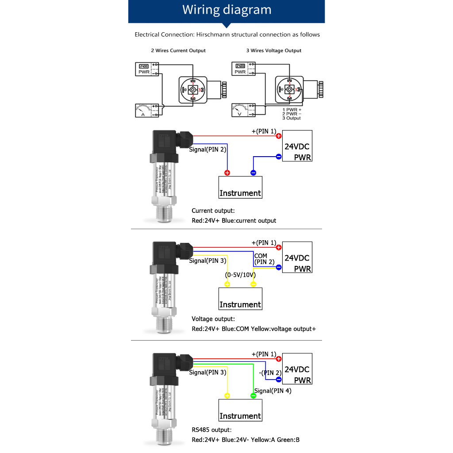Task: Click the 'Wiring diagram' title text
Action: (227, 10)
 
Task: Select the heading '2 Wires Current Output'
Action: (178, 50)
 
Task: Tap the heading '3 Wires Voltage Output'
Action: (274, 50)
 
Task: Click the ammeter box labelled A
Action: (146, 110)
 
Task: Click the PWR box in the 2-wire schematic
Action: (146, 69)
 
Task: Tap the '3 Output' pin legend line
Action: (292, 118)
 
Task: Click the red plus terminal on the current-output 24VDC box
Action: (279, 136)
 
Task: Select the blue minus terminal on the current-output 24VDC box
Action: (279, 156)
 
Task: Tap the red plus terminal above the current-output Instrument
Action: (227, 173)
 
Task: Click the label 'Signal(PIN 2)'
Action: (207, 150)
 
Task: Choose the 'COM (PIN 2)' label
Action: (261, 259)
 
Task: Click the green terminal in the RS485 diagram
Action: (253, 395)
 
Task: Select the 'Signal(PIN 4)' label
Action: (273, 391)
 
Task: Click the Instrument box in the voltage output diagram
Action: (241, 299)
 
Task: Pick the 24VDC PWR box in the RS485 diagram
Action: (297, 369)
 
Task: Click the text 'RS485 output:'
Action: (211, 430)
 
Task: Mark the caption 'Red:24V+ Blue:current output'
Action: (234, 220)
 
